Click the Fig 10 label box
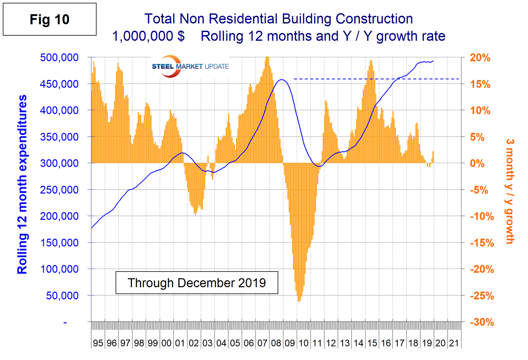coord(49,19)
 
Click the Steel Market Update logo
coord(190,67)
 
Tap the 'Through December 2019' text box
coord(197,283)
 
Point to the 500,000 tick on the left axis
coord(59,57)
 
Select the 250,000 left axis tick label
coord(59,189)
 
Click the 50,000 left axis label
coord(62,295)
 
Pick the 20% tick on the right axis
coord(480,58)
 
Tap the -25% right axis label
coord(482,296)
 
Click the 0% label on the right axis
coord(477,163)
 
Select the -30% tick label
coord(482,322)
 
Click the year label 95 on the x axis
coord(98,343)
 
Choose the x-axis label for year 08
coord(276,343)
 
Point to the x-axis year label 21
coord(454,343)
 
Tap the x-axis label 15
coord(372,343)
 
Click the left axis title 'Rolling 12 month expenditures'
coord(22,184)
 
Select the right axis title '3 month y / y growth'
coord(510,191)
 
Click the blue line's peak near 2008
coord(282,80)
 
